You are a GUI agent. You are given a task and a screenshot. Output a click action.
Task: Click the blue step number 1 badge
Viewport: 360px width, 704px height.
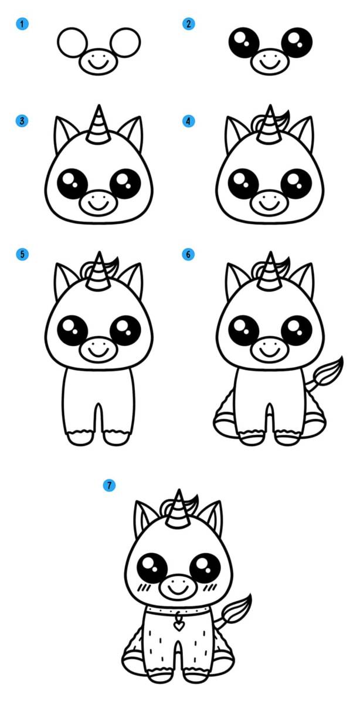(x=22, y=24)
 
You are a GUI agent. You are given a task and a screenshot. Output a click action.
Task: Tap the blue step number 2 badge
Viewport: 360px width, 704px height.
(x=188, y=24)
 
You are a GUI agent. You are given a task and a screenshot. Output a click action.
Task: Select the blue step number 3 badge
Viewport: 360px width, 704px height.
(x=22, y=121)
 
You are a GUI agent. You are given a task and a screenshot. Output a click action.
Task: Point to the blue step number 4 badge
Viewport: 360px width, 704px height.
(x=188, y=121)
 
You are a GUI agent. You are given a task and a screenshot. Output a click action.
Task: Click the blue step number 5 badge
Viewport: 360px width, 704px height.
(x=22, y=254)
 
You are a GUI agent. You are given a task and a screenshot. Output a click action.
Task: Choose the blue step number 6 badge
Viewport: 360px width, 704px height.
(x=188, y=254)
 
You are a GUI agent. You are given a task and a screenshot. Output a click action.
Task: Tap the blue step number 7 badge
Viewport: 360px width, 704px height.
(x=109, y=486)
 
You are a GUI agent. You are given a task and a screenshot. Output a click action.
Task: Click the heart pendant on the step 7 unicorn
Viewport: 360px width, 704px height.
(x=179, y=627)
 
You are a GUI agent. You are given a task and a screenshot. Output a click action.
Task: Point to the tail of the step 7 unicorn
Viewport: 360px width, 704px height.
(x=236, y=611)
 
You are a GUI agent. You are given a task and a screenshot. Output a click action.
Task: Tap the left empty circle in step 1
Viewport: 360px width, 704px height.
(x=73, y=42)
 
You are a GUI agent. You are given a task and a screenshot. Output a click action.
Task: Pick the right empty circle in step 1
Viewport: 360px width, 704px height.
(x=125, y=42)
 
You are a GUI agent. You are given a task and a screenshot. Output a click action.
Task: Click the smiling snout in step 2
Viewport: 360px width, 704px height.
(x=270, y=61)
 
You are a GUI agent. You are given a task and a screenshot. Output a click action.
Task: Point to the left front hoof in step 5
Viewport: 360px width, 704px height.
(x=80, y=437)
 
